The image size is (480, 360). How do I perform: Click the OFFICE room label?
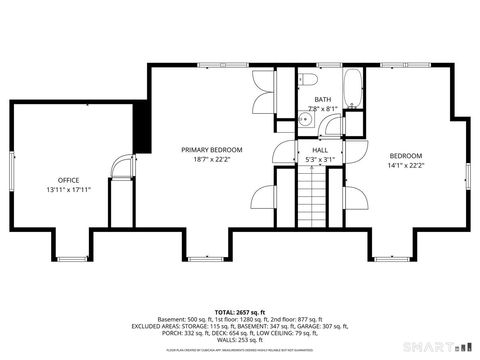point(68,180)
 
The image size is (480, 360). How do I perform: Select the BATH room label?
point(322,100)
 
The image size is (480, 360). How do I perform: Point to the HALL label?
point(320,149)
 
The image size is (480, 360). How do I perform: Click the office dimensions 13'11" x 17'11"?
point(68,190)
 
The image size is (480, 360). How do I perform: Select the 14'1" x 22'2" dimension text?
point(406,166)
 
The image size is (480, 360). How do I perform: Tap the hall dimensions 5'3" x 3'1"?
point(320,159)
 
